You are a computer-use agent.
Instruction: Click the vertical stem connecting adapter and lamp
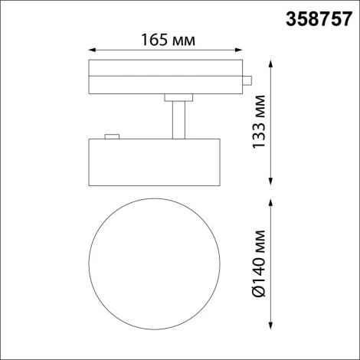[178, 119]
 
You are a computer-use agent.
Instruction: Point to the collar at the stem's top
[178, 96]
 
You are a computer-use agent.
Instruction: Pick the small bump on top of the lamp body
[113, 136]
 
